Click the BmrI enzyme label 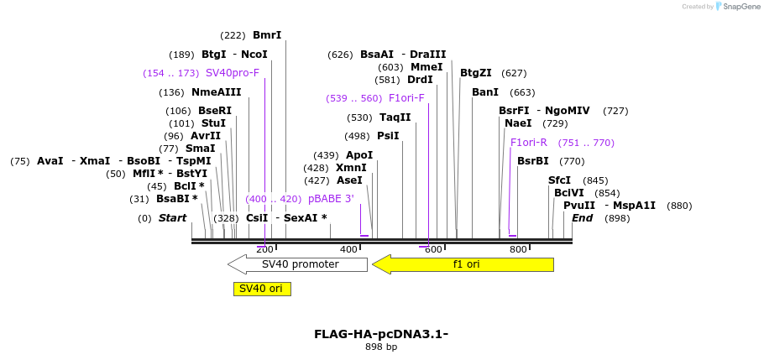point(267,35)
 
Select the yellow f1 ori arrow point(463,264)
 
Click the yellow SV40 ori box point(262,289)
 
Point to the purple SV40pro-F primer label point(233,73)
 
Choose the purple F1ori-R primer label point(529,143)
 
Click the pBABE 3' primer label point(331,199)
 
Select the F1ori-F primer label point(406,98)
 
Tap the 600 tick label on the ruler point(433,249)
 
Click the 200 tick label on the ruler point(264,249)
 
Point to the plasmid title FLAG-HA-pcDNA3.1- point(381,334)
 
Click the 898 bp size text point(381,347)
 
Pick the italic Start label point(172,218)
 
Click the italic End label point(583,218)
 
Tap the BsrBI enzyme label point(532,161)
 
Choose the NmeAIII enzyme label point(216,92)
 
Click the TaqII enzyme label point(395,117)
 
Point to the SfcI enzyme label point(559,180)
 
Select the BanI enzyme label point(485,92)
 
